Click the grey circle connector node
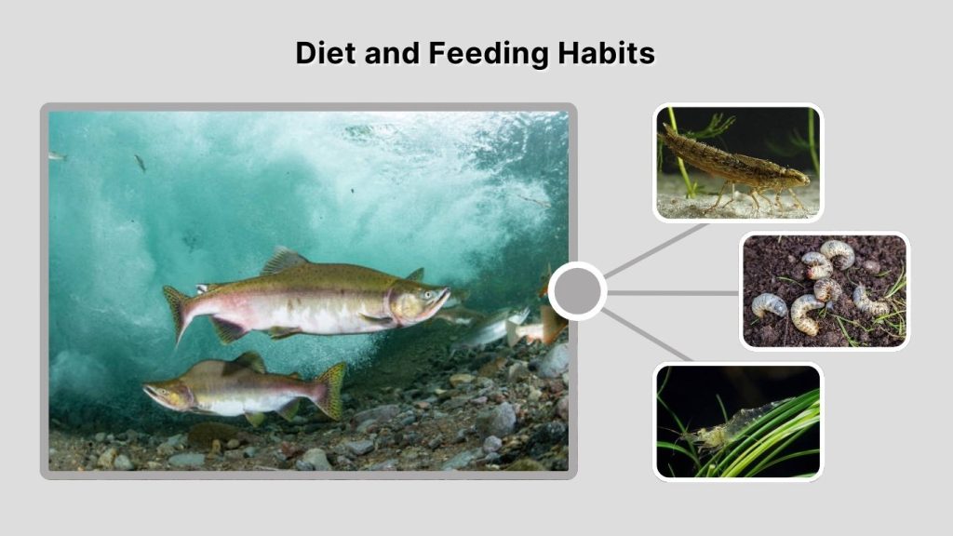(x=577, y=291)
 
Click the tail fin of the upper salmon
(x=176, y=310)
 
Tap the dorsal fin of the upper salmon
(x=283, y=261)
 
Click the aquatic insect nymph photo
(x=737, y=163)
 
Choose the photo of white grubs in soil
(x=824, y=290)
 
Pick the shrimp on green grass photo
(x=737, y=422)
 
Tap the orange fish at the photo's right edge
(x=551, y=321)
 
